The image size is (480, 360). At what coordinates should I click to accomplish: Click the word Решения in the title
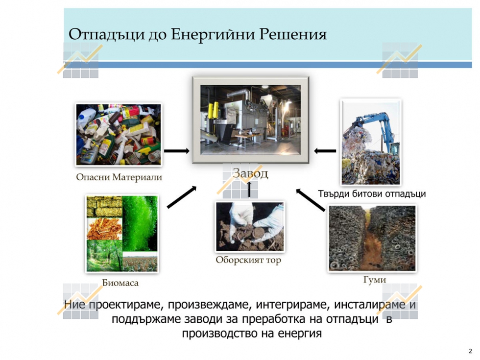(293, 34)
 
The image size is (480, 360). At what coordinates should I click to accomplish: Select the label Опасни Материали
(119, 177)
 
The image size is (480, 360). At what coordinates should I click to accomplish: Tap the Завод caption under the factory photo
(250, 173)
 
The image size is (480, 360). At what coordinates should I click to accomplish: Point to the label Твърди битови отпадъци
(372, 194)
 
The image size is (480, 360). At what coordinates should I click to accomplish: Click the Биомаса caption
(120, 283)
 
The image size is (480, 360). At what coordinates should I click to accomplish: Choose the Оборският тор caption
(248, 260)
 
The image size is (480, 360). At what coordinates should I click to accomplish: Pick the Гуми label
(375, 280)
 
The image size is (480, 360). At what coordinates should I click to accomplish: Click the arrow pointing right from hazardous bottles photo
(177, 151)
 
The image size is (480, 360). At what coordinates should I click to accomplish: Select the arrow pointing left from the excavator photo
(325, 151)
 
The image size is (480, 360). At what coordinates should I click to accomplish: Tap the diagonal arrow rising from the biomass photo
(182, 197)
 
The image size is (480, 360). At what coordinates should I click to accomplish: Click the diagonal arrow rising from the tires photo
(311, 200)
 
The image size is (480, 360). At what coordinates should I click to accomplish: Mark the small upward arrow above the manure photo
(249, 189)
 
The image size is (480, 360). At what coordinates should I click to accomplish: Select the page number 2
(471, 352)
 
